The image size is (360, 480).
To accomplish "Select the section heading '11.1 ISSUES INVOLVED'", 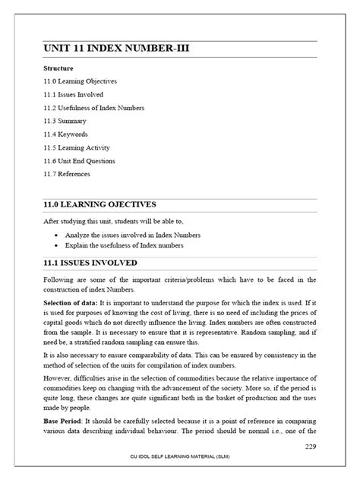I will click(90, 263).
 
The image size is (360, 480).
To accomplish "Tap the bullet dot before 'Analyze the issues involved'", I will click(58, 235).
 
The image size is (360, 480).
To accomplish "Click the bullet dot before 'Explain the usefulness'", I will click(58, 245).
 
